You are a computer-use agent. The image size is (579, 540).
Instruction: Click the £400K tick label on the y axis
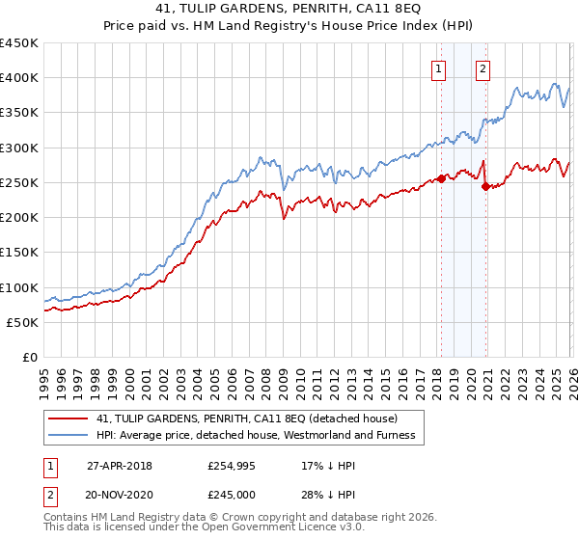[x=19, y=78]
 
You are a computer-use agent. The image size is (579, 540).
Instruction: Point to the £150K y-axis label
[x=19, y=253]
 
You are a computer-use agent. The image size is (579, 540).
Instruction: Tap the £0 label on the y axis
[x=29, y=358]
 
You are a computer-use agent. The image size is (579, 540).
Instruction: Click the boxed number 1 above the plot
[x=439, y=67]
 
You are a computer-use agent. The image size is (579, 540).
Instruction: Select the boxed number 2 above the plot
[x=482, y=67]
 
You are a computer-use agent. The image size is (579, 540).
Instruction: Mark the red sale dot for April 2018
[x=441, y=178]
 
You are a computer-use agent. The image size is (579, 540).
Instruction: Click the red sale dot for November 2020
[x=485, y=186]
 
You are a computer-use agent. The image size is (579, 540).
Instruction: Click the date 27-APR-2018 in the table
[x=118, y=465]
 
